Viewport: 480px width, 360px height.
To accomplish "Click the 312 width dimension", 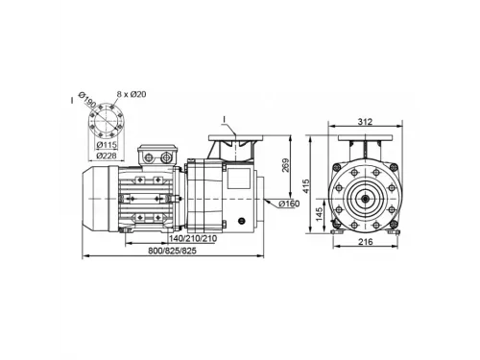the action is point(365,122).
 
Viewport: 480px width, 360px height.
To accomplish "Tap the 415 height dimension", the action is point(306,186).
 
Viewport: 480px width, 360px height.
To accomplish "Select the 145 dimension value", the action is point(319,214).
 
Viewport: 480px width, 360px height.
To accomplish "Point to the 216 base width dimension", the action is point(365,242).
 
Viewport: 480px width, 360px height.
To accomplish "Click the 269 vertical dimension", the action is point(285,165).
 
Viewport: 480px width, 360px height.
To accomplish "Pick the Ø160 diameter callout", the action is point(289,204).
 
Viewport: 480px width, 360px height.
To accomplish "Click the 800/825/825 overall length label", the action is point(172,251).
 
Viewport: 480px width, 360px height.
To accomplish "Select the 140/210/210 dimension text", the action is point(193,238).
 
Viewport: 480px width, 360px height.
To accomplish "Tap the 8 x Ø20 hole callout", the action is point(132,94).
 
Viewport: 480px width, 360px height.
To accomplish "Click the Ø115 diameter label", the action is point(107,145).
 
